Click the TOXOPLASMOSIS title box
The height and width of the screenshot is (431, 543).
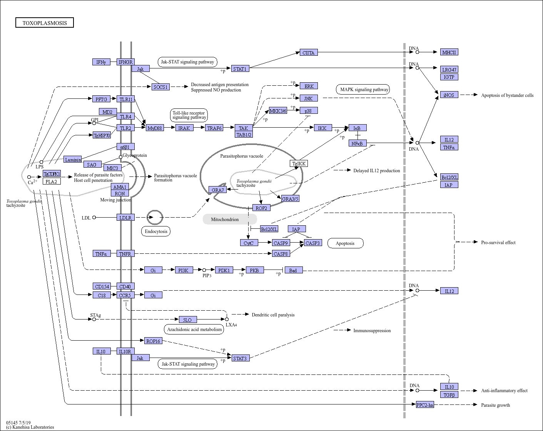click(44, 22)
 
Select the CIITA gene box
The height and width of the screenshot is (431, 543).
click(309, 52)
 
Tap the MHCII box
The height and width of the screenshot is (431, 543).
click(449, 52)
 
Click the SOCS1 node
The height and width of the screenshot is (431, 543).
click(160, 87)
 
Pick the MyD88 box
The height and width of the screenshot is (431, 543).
click(155, 128)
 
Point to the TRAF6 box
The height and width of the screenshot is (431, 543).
click(214, 128)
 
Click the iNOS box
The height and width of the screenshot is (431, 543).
click(449, 95)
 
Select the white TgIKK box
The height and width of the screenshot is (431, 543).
click(299, 163)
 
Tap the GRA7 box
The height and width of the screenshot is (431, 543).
click(217, 190)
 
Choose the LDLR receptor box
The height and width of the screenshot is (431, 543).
click(125, 217)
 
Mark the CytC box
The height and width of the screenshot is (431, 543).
click(249, 243)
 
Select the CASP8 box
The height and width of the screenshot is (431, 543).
click(281, 253)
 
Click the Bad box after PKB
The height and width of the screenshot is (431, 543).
click(294, 270)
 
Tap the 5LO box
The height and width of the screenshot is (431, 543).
click(188, 320)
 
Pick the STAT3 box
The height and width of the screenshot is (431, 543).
click(241, 358)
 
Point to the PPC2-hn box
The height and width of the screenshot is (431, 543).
click(425, 404)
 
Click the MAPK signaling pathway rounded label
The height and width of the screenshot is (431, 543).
click(363, 89)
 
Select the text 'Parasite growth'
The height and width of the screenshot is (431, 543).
click(495, 405)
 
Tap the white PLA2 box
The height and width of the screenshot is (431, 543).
click(52, 181)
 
